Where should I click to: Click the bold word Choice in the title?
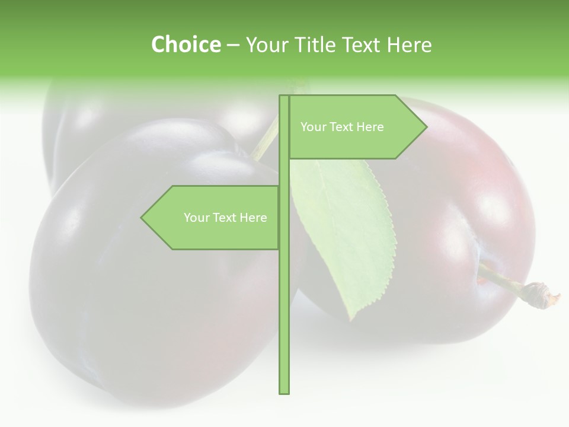[186, 44]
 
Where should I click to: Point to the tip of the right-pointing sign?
[426, 126]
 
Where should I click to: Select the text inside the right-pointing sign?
[342, 127]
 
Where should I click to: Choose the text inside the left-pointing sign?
[225, 218]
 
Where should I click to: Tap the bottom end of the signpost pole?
[284, 391]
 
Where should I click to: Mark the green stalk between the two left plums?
[267, 139]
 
